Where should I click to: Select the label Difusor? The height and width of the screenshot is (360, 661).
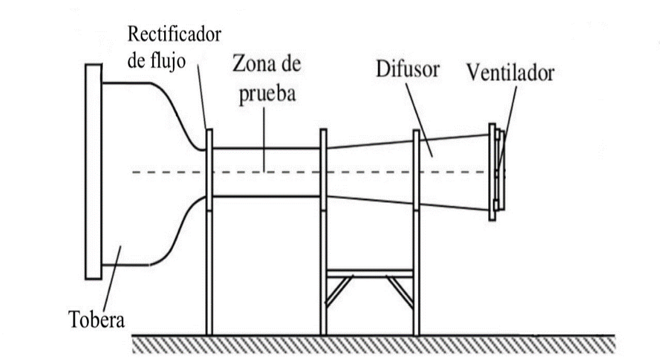pos(407,69)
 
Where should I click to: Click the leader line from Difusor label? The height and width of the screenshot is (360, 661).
pos(418,116)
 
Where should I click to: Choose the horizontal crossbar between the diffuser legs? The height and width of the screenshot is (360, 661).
pos(369,273)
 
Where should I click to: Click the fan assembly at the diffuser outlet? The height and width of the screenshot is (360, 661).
pos(496,171)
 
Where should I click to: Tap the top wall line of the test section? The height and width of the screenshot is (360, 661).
pos(267,149)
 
